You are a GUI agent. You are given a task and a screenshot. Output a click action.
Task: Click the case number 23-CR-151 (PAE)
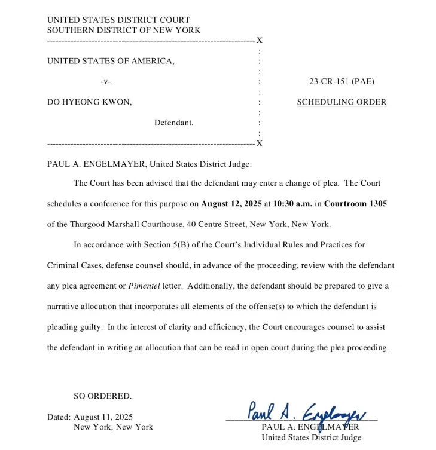tap(342, 82)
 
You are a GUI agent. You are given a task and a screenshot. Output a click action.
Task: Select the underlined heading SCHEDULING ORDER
tap(342, 102)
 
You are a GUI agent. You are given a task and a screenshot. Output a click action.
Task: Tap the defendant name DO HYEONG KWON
tap(89, 102)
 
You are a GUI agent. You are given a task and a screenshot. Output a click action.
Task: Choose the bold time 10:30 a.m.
tap(292, 204)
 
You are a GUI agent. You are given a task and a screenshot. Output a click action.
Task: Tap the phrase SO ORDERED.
tap(102, 396)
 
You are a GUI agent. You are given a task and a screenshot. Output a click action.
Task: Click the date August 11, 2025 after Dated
tap(103, 417)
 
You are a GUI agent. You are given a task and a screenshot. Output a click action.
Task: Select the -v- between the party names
tap(106, 82)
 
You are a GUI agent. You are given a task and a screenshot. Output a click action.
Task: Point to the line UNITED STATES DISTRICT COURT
tap(118, 20)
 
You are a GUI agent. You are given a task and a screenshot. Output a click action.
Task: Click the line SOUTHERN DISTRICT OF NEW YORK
tap(124, 30)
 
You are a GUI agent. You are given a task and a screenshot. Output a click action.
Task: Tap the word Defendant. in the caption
tap(173, 123)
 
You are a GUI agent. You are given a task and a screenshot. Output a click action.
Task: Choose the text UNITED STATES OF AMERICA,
tap(111, 61)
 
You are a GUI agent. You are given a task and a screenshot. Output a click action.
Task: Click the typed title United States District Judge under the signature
tap(311, 437)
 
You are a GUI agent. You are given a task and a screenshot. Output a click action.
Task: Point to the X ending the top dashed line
tap(260, 41)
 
